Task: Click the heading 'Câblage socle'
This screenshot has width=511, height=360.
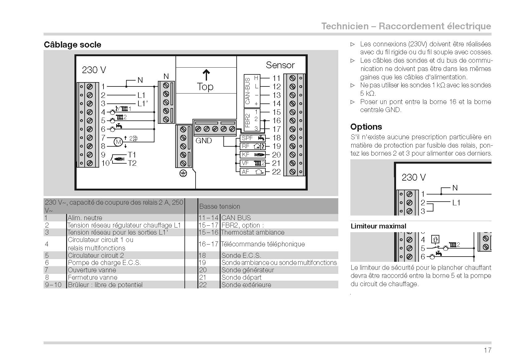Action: (x=72, y=45)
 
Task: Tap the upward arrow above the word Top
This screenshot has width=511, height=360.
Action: (x=206, y=75)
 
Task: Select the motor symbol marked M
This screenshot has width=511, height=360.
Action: (x=118, y=142)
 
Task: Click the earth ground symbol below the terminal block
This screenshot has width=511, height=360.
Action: (x=183, y=174)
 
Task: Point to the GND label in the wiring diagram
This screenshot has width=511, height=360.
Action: (x=204, y=141)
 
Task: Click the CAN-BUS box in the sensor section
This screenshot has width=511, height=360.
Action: (x=252, y=91)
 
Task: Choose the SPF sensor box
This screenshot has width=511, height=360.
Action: (x=253, y=138)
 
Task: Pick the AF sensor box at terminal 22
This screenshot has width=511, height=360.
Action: (x=253, y=172)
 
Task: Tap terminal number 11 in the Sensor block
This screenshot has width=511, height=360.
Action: (x=277, y=78)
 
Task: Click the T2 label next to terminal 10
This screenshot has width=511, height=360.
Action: (x=132, y=163)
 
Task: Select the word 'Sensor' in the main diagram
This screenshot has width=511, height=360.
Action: (x=280, y=65)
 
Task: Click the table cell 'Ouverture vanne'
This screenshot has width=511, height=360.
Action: (x=92, y=270)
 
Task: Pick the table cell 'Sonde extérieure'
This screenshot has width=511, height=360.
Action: (x=246, y=285)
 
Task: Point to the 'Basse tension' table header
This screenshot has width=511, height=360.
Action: (x=220, y=207)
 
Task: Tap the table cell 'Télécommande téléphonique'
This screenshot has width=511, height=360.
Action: (x=263, y=244)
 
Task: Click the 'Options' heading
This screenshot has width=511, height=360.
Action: (x=366, y=127)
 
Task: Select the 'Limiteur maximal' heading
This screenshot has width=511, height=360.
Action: (x=378, y=226)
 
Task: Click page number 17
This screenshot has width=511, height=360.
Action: (x=488, y=350)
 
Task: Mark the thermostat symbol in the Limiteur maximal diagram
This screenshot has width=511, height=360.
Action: (x=435, y=240)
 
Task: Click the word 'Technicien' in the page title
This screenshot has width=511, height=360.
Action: (x=345, y=26)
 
